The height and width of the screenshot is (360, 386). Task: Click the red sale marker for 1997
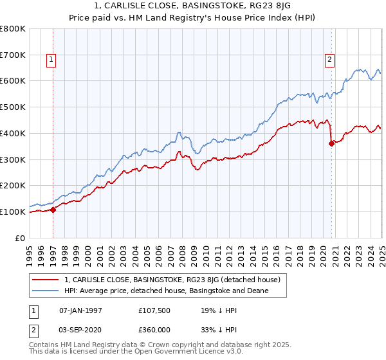(53, 209)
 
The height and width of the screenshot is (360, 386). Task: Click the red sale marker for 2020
(331, 143)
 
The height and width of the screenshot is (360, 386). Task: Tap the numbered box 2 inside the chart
(329, 60)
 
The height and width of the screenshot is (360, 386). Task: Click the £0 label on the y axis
(20, 238)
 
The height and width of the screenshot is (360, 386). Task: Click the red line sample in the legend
(45, 280)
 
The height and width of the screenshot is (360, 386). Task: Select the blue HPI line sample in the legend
(45, 291)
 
